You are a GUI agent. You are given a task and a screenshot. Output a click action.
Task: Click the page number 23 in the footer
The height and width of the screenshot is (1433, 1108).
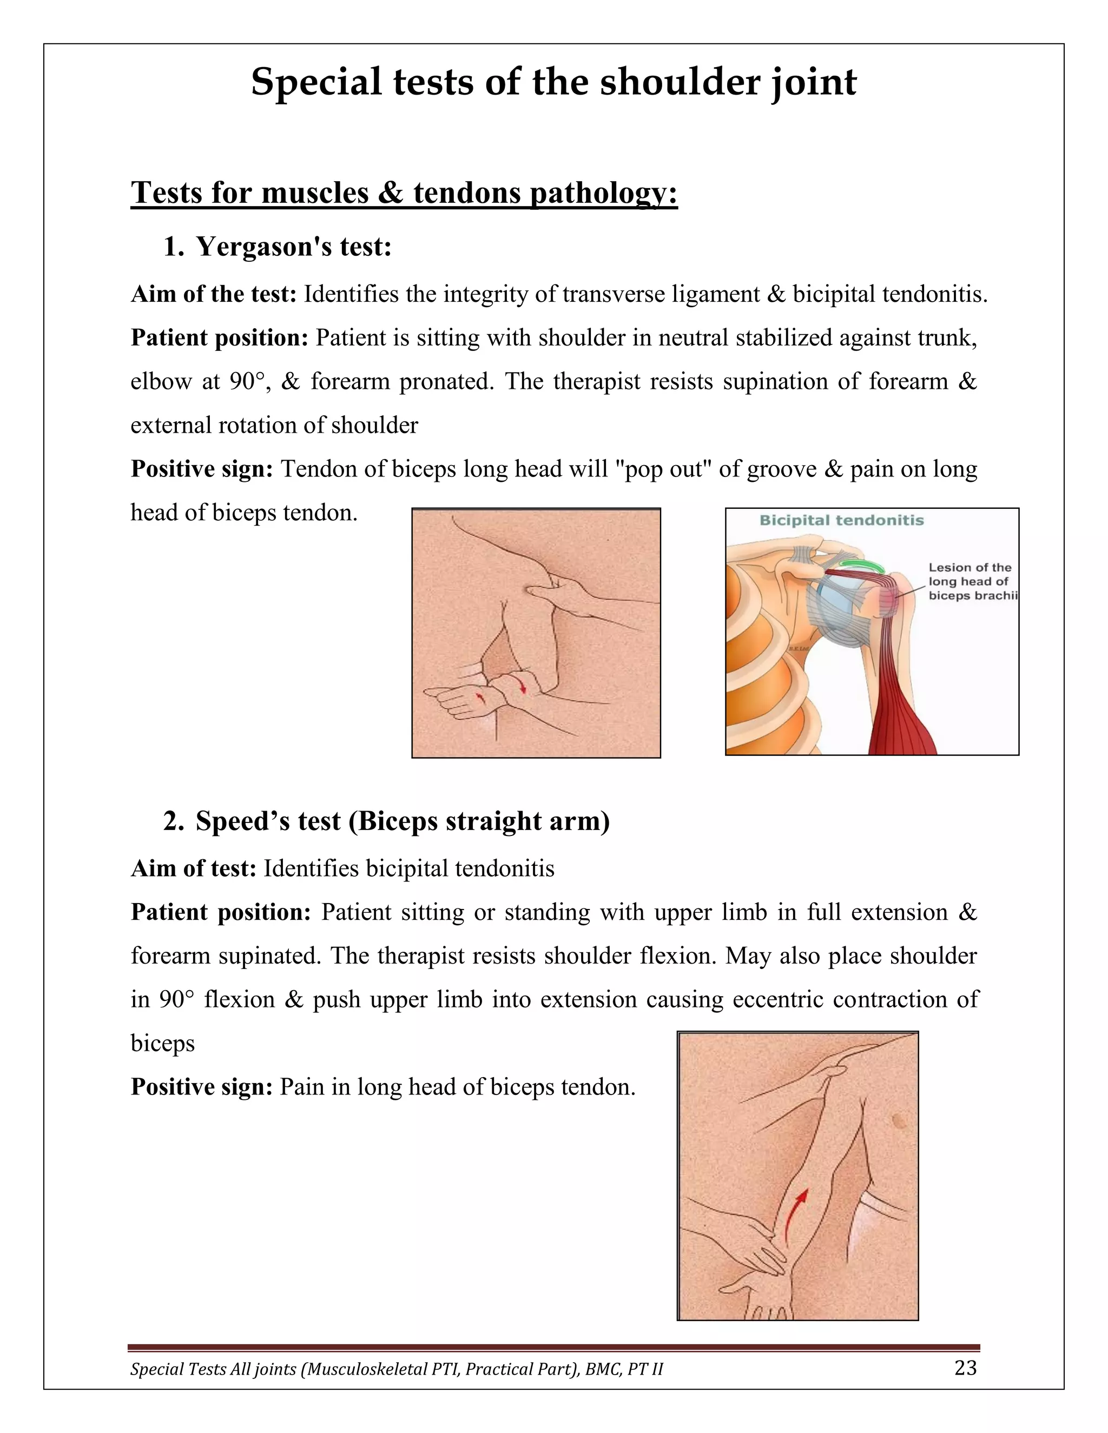965,1368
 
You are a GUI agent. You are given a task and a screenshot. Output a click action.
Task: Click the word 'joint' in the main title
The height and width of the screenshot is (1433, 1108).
813,83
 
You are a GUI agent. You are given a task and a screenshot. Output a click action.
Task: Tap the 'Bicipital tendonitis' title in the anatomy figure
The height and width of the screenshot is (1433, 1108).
841,520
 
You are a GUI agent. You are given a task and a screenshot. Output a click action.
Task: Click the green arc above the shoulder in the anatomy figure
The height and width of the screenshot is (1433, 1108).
861,563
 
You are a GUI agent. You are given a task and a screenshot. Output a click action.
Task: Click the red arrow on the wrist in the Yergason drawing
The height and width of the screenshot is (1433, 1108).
523,685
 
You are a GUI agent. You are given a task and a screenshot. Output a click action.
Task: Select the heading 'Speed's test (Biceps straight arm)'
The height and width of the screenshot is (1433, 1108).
402,821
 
